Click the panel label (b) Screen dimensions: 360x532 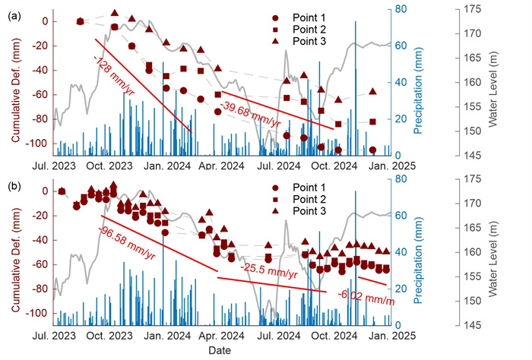13,185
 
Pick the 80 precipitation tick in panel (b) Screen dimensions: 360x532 402,179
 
